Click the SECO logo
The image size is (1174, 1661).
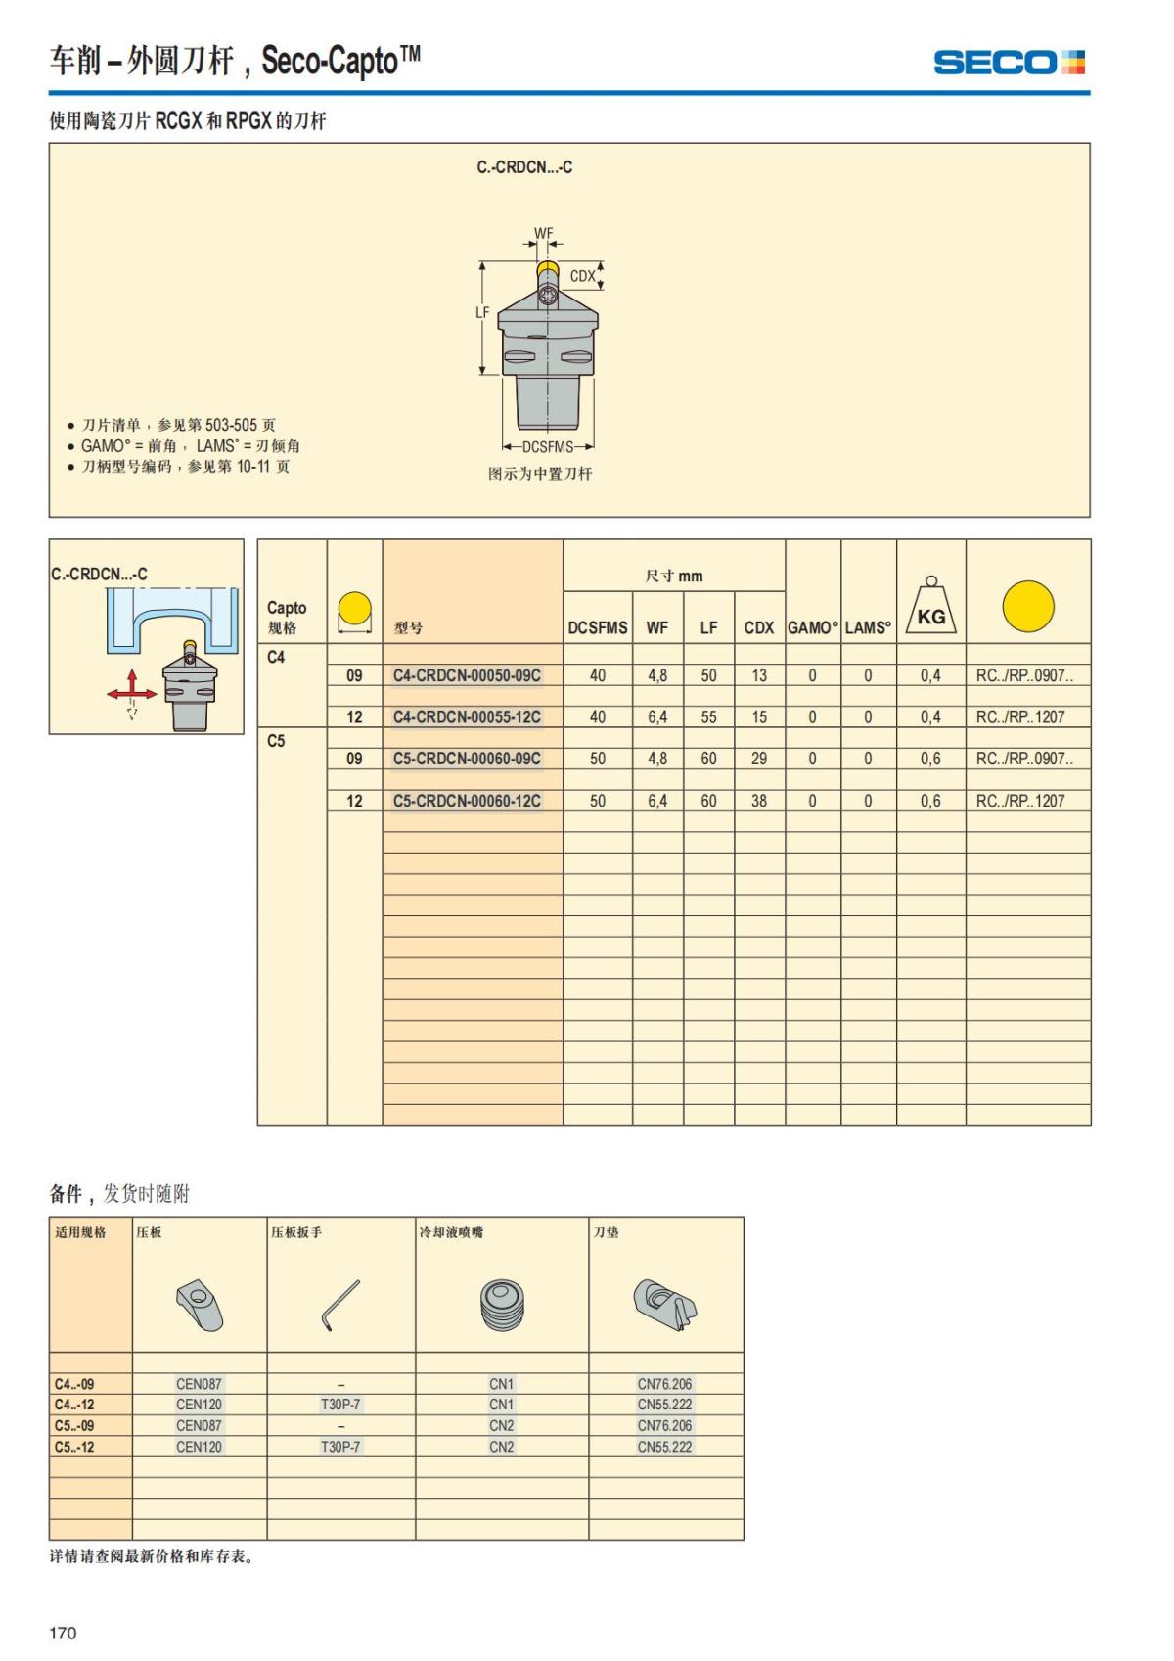point(1009,64)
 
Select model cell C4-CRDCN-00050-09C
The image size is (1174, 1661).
point(467,675)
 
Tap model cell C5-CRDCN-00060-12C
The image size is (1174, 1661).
point(467,801)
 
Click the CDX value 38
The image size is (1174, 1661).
point(759,801)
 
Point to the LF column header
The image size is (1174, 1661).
point(708,627)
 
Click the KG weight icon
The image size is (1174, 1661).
point(930,607)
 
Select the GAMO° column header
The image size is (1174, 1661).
point(813,627)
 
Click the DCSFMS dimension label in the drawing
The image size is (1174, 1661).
point(547,447)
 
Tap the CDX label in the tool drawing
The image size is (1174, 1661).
point(582,276)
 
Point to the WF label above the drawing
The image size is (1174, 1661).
point(543,234)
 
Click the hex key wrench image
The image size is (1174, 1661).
point(340,1305)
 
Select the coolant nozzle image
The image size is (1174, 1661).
point(502,1306)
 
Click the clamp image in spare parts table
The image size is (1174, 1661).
point(200,1305)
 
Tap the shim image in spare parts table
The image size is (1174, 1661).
point(664,1305)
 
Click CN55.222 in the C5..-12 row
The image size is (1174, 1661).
point(664,1447)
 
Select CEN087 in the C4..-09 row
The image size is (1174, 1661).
point(199,1384)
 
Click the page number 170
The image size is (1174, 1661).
point(63,1633)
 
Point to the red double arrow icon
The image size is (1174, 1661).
point(131,691)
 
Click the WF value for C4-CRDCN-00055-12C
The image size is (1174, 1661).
point(656,717)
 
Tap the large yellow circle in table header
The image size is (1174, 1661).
point(1028,606)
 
